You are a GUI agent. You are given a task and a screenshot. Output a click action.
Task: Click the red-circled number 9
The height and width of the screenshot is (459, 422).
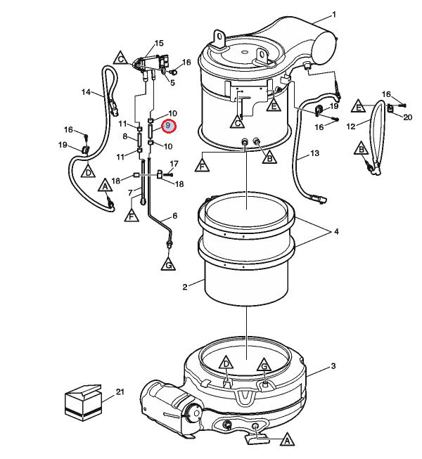(x=168, y=126)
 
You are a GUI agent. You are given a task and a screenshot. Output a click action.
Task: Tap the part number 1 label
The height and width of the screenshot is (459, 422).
(x=334, y=14)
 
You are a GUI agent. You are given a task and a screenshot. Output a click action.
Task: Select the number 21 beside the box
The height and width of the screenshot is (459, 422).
(x=120, y=392)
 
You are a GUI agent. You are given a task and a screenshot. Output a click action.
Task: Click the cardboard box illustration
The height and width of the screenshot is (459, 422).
(x=83, y=403)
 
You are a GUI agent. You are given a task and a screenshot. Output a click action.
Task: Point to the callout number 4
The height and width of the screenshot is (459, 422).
(x=336, y=231)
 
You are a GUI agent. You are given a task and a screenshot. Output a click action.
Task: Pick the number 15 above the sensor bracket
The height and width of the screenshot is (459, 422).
(x=159, y=44)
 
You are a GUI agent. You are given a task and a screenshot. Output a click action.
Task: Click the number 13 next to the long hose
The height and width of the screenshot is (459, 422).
(x=314, y=153)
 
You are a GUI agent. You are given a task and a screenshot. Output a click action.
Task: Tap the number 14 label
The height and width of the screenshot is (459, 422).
(x=86, y=92)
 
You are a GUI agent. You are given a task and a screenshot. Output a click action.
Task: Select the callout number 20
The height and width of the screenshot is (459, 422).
(x=408, y=117)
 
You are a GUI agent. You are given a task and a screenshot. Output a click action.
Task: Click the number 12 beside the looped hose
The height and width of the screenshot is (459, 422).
(x=350, y=127)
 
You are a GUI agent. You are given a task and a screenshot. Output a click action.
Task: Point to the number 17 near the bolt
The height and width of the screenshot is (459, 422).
(x=174, y=164)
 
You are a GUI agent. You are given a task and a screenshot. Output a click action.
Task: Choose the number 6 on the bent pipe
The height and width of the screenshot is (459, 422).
(x=175, y=216)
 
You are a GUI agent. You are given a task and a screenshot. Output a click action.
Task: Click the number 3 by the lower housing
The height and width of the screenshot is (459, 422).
(x=333, y=366)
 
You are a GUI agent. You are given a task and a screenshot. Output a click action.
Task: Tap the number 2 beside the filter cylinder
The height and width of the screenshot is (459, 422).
(x=185, y=287)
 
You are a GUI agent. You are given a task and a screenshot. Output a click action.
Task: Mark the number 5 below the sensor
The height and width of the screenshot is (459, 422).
(x=172, y=83)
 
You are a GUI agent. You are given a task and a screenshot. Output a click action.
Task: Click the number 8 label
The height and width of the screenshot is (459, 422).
(x=125, y=136)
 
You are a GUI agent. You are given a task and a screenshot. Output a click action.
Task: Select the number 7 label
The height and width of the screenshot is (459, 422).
(x=131, y=193)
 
